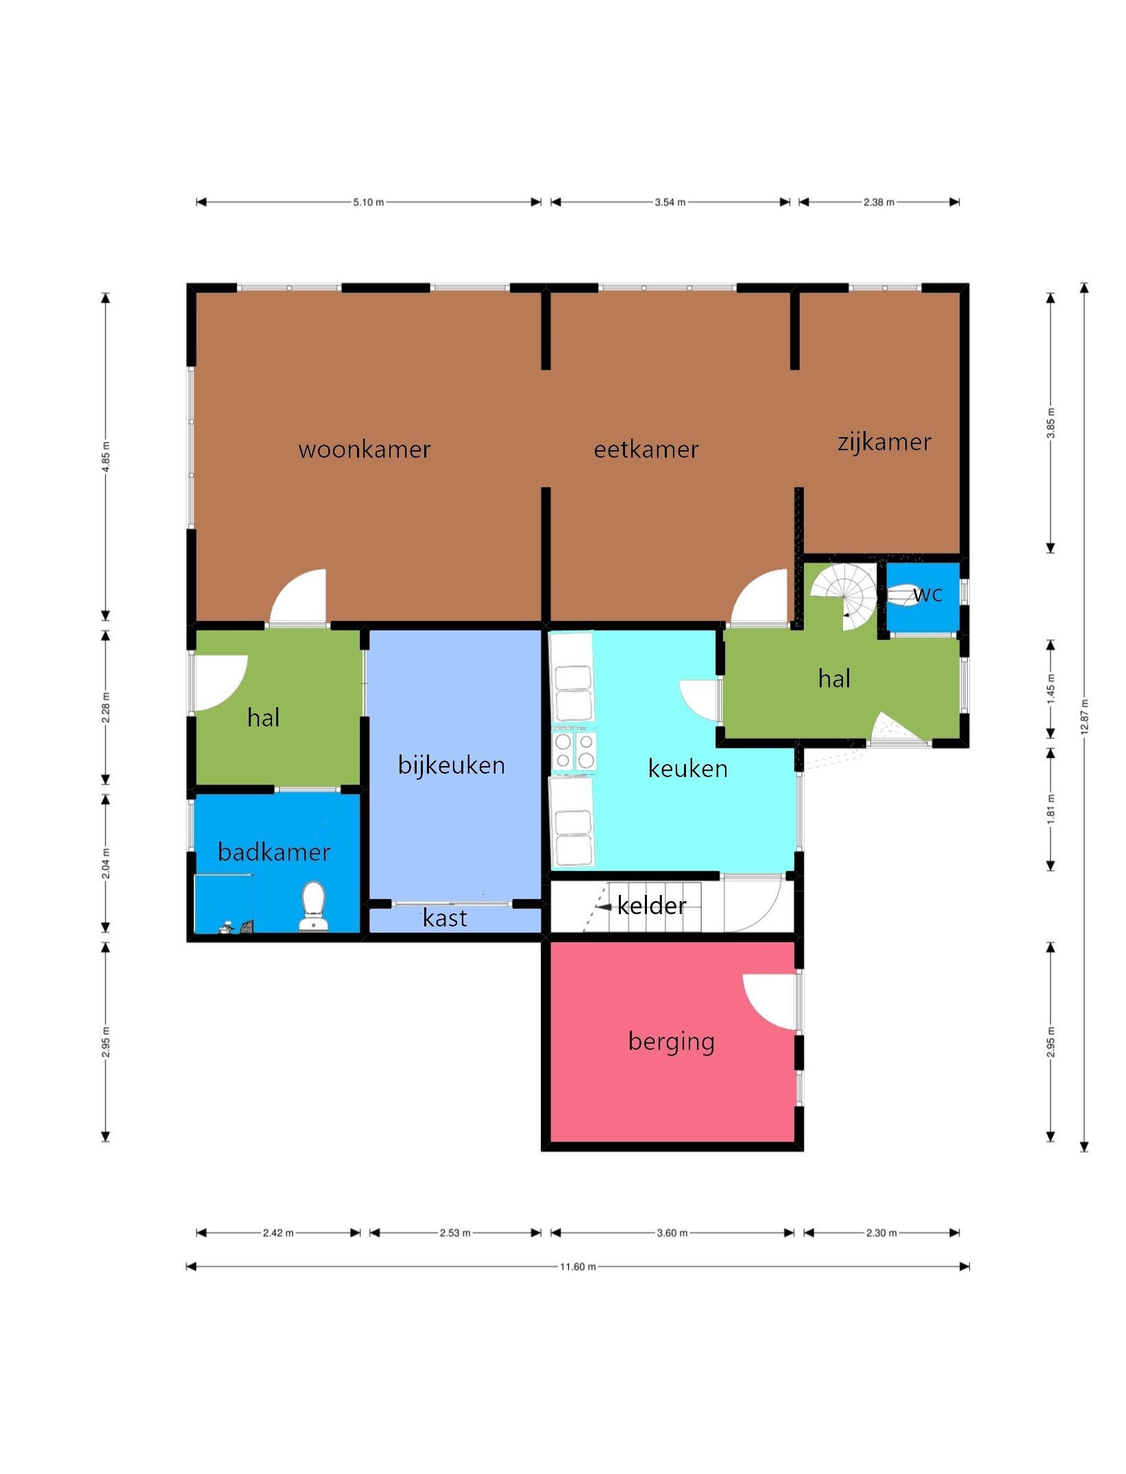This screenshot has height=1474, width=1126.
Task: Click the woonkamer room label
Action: (365, 450)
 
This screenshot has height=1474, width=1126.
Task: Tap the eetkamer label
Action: (646, 450)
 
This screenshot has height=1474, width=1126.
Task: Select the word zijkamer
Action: (884, 442)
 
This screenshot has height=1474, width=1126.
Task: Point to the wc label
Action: (928, 594)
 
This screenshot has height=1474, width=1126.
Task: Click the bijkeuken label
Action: (452, 765)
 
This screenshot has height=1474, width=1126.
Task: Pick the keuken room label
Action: (687, 769)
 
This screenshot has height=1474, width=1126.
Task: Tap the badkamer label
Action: (274, 852)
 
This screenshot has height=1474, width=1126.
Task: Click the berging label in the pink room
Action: (672, 1042)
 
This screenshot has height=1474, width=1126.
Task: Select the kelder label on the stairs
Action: (651, 906)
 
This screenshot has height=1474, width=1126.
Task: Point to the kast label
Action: (445, 918)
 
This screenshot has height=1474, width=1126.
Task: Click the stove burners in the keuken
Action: (574, 751)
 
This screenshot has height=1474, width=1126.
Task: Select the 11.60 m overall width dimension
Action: (578, 1266)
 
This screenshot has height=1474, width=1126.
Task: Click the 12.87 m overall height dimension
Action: (1084, 717)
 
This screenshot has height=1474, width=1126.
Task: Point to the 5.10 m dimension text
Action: (369, 202)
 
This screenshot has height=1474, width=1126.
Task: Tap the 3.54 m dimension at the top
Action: (670, 202)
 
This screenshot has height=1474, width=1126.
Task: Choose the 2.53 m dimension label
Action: (455, 1233)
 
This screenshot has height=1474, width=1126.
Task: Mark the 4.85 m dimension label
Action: (106, 456)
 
